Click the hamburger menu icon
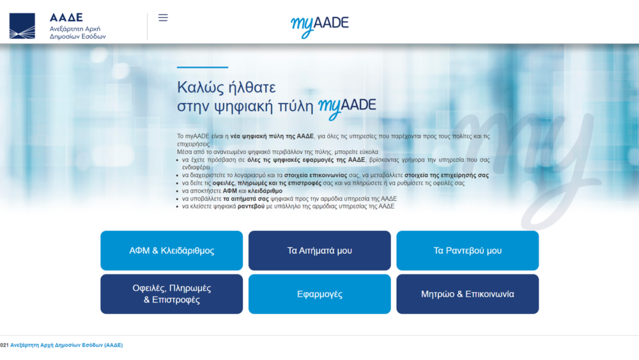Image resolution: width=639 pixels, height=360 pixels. (163, 18)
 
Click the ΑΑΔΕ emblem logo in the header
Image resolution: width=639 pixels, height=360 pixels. (22, 26)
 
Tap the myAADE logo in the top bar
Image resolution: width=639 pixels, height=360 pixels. (319, 25)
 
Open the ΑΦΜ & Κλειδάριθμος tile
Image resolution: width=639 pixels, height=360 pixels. (171, 251)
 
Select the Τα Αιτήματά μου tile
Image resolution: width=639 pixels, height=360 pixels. (319, 251)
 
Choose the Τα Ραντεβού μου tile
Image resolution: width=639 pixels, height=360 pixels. (467, 251)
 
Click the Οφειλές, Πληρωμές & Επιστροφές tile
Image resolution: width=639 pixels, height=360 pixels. (171, 294)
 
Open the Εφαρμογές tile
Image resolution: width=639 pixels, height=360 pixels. (319, 294)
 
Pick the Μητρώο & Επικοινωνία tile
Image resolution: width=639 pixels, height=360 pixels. (467, 294)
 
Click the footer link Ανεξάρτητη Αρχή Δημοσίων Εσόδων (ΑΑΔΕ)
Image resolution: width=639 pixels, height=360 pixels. (66, 345)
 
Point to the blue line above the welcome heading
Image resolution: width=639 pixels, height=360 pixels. (202, 67)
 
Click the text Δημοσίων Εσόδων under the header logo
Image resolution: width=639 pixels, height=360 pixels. (77, 37)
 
